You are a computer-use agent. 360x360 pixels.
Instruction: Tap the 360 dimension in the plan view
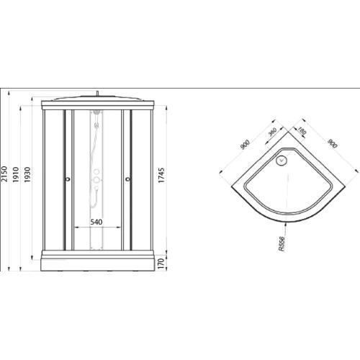tap(273, 135)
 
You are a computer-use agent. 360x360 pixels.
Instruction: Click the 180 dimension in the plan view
tap(302, 133)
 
